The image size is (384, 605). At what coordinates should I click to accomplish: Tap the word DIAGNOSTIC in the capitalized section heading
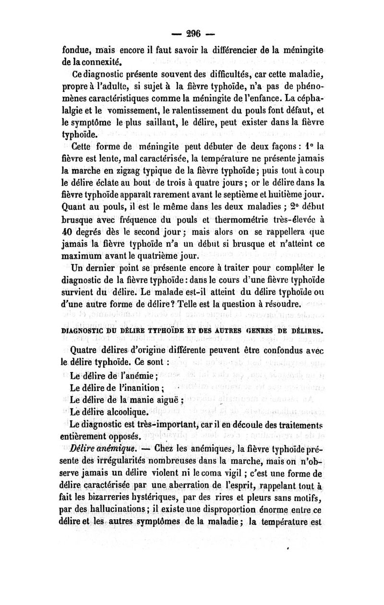click(89, 330)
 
